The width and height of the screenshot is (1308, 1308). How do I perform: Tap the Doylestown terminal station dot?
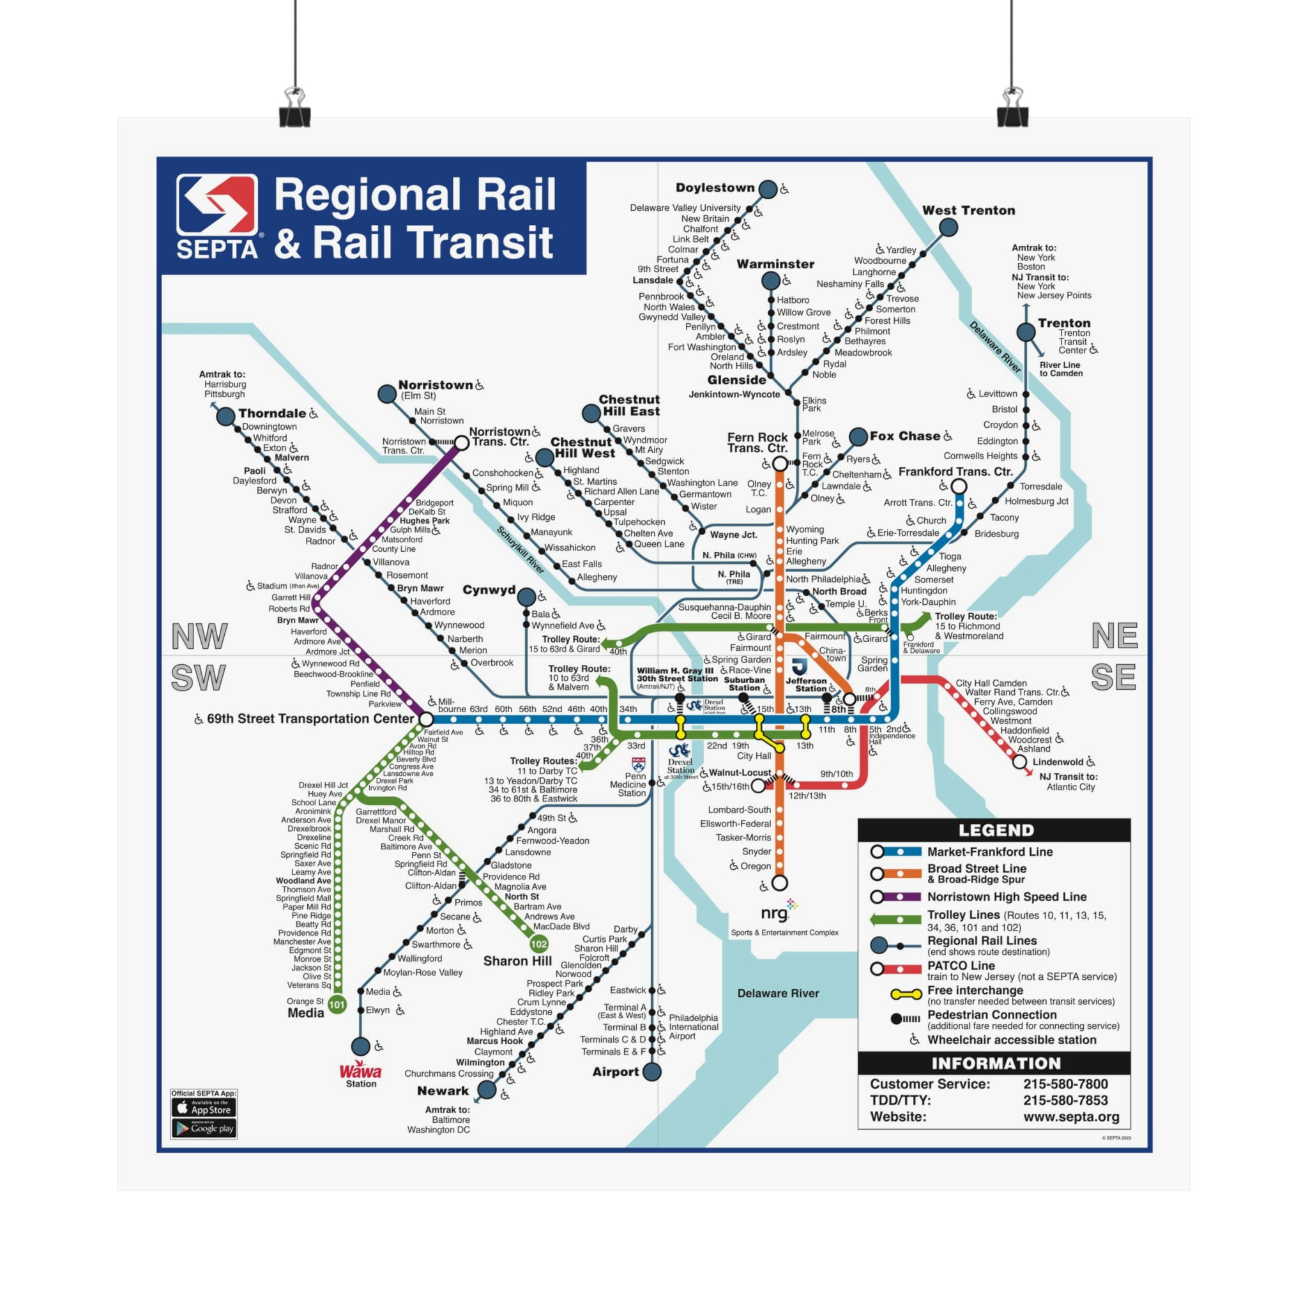[768, 189]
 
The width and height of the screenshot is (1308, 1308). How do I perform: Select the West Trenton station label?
[968, 211]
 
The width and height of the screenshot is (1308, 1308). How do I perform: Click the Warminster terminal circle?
[770, 280]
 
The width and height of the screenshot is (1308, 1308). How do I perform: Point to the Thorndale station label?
[271, 413]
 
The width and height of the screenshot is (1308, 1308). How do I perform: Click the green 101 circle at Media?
[337, 1005]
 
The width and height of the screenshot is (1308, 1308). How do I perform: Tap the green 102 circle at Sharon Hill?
[539, 944]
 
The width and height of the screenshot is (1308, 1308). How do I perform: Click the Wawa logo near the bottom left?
[360, 1071]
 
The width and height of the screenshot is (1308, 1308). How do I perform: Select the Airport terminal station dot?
[652, 1072]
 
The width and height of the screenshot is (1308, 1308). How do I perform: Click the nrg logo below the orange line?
[777, 913]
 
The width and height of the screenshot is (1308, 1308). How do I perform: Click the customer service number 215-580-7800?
[1065, 1084]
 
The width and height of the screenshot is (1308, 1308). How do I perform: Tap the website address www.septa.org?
[1070, 1116]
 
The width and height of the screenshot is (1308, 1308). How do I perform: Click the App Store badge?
[204, 1107]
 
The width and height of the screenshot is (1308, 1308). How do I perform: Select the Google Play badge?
[204, 1129]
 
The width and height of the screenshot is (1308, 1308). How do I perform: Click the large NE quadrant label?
[1114, 635]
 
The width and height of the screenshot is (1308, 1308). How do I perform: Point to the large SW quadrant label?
[198, 678]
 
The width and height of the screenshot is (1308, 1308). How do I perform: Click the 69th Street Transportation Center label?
[310, 719]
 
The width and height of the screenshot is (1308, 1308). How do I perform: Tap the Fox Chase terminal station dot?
[858, 437]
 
